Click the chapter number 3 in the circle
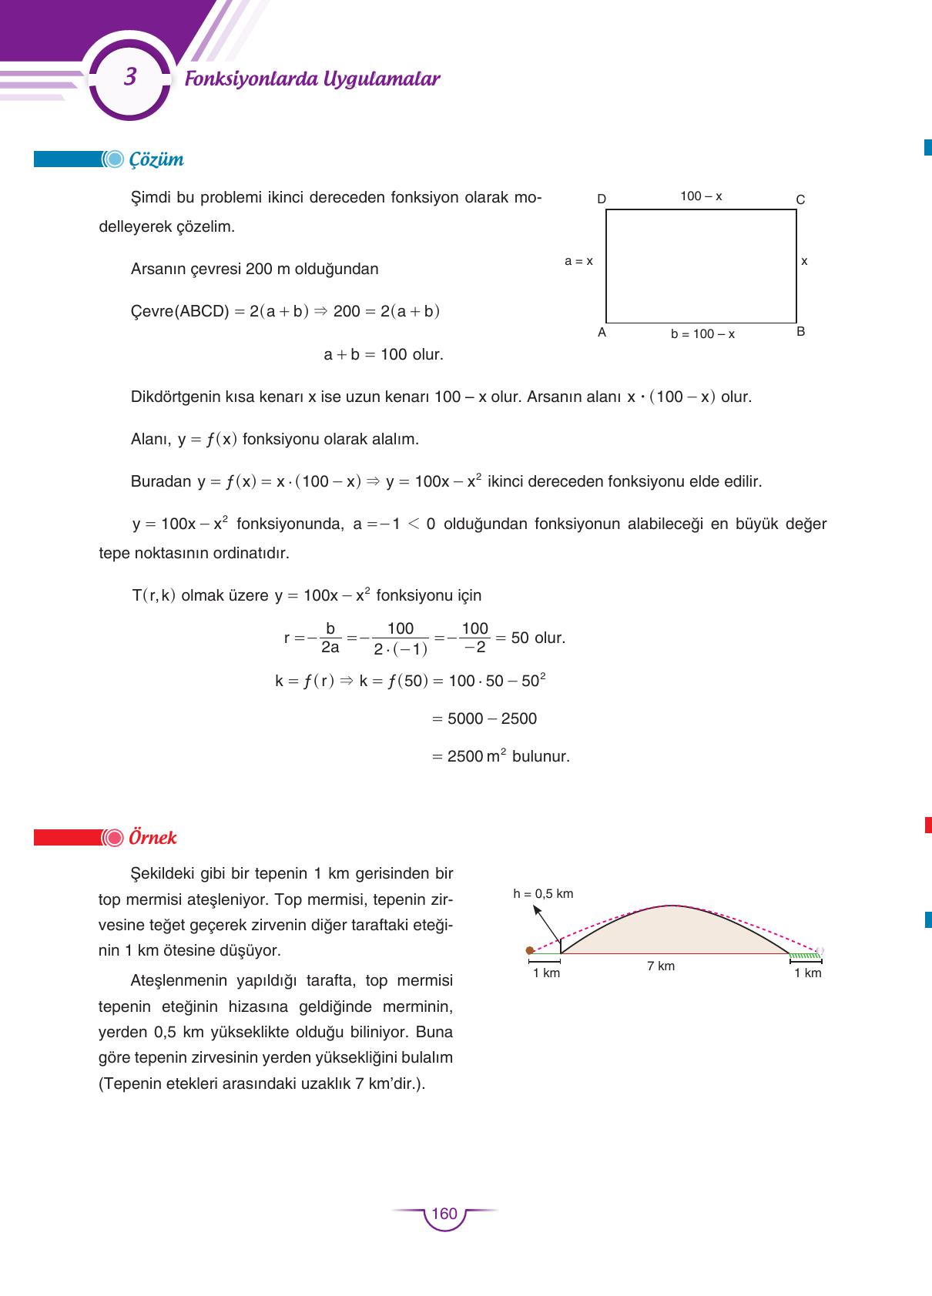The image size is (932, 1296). (x=130, y=77)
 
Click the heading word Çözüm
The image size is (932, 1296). (x=156, y=159)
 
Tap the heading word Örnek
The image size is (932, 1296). (x=153, y=837)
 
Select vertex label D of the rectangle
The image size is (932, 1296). (x=602, y=199)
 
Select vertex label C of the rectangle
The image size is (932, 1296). (x=800, y=199)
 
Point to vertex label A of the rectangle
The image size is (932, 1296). (x=602, y=333)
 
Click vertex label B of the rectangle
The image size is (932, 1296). (x=800, y=332)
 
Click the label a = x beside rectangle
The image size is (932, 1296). (x=578, y=261)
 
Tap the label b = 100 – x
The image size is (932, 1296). (x=702, y=334)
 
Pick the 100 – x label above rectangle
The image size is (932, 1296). (x=701, y=196)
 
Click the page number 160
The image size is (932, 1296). (x=444, y=1214)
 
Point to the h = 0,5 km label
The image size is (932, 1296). (x=543, y=893)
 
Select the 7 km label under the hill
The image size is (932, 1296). (x=661, y=966)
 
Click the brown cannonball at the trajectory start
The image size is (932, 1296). (x=530, y=950)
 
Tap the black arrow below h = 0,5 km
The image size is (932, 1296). (x=546, y=921)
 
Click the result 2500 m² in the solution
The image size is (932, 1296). (x=477, y=756)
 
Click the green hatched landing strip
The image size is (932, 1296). (x=805, y=956)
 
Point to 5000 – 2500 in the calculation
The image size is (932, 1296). (x=492, y=718)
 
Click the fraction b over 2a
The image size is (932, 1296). (x=330, y=638)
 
